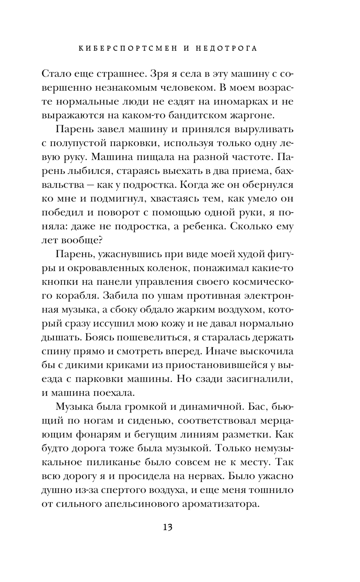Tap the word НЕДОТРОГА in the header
click(228, 49)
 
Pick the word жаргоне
click(254, 115)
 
